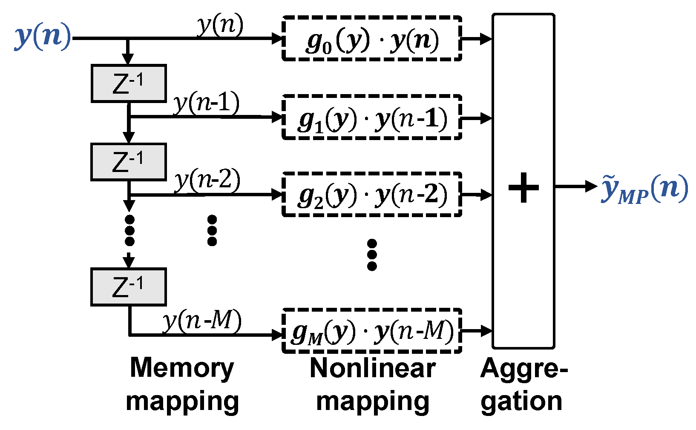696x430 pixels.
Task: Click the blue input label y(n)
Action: (x=43, y=37)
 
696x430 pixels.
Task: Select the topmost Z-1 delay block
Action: (x=129, y=83)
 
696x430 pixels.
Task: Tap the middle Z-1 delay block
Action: (x=129, y=162)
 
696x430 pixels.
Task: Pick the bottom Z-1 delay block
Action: (x=129, y=287)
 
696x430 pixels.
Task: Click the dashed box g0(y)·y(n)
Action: (x=372, y=38)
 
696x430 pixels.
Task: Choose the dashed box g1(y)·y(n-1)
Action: (x=372, y=117)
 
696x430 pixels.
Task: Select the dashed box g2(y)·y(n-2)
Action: (x=372, y=194)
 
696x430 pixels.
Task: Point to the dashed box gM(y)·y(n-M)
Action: (x=372, y=331)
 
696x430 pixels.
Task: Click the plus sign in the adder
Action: (x=523, y=187)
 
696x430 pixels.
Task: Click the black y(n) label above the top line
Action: (x=220, y=25)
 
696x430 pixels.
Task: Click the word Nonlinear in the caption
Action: (x=373, y=368)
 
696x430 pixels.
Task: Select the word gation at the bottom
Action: (x=521, y=402)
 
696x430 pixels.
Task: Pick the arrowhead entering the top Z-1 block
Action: (x=128, y=59)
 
